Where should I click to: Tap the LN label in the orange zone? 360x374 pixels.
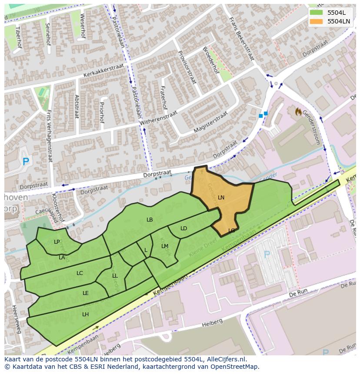pos(221,198)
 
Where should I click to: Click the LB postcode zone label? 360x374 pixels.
pos(150,220)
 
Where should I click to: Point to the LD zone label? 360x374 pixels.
pos(183,228)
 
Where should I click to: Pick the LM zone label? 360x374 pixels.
pos(165,246)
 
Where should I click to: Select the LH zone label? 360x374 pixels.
pos(85,314)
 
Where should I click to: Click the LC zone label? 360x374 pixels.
pos(80,273)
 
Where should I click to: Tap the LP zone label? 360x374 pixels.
pos(57,242)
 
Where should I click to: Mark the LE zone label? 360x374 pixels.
pos(86,293)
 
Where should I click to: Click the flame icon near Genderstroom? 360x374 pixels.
pos(298,112)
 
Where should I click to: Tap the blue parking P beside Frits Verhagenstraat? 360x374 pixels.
pos(26,162)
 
